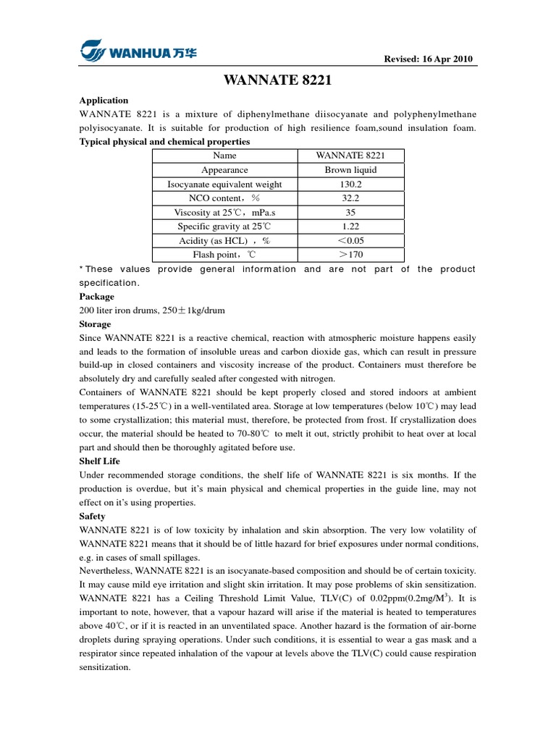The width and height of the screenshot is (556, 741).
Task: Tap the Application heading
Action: [x=104, y=101]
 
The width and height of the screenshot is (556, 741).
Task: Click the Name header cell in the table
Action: [x=224, y=156]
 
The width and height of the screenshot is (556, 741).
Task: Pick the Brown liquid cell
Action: [x=350, y=170]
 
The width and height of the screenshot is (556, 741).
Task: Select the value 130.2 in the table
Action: [x=350, y=184]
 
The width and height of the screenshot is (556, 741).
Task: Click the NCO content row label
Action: [x=224, y=198]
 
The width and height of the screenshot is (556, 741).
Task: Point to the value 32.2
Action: [x=350, y=198]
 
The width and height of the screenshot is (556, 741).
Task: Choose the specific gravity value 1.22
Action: [x=350, y=226]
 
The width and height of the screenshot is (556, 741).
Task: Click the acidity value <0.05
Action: [x=350, y=240]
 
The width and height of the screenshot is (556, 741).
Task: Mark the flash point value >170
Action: [x=350, y=255]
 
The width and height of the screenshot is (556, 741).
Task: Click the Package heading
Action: [x=96, y=297]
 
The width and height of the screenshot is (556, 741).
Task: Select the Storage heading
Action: [x=95, y=324]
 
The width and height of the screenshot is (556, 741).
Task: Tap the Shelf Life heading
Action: [x=99, y=461]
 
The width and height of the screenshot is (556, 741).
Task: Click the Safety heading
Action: [x=92, y=517]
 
